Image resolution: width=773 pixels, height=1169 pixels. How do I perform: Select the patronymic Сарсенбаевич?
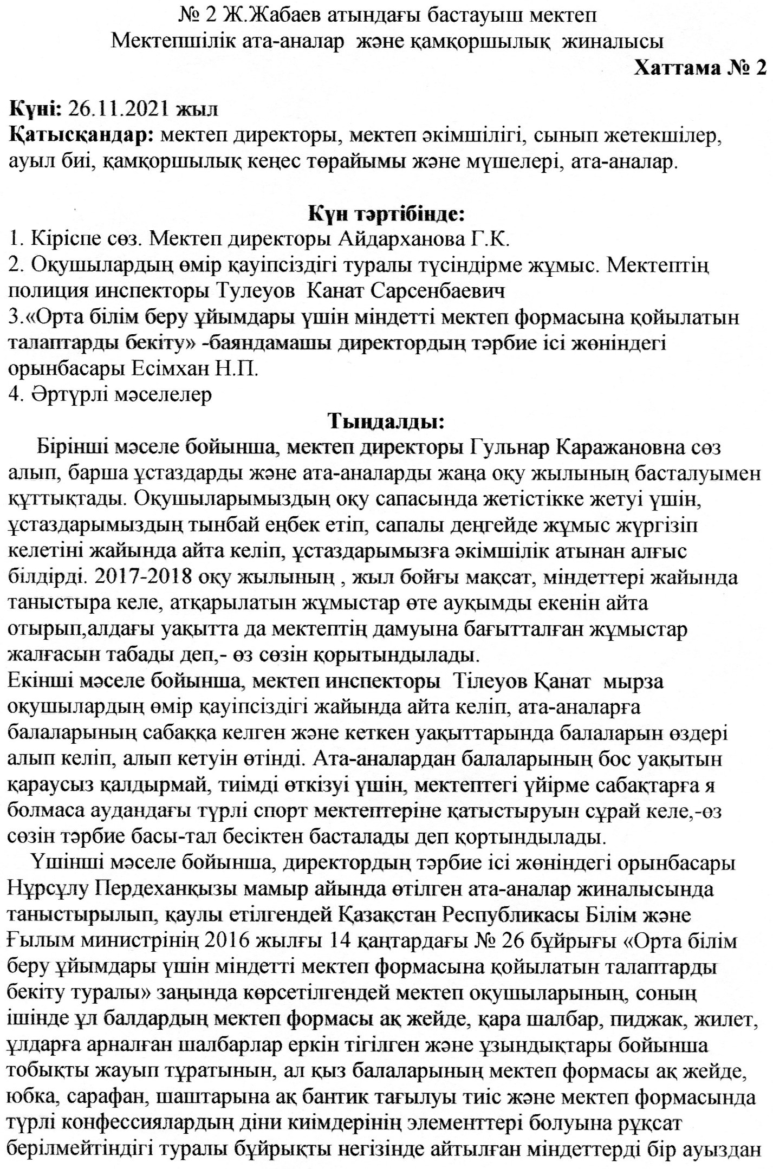(438, 291)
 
